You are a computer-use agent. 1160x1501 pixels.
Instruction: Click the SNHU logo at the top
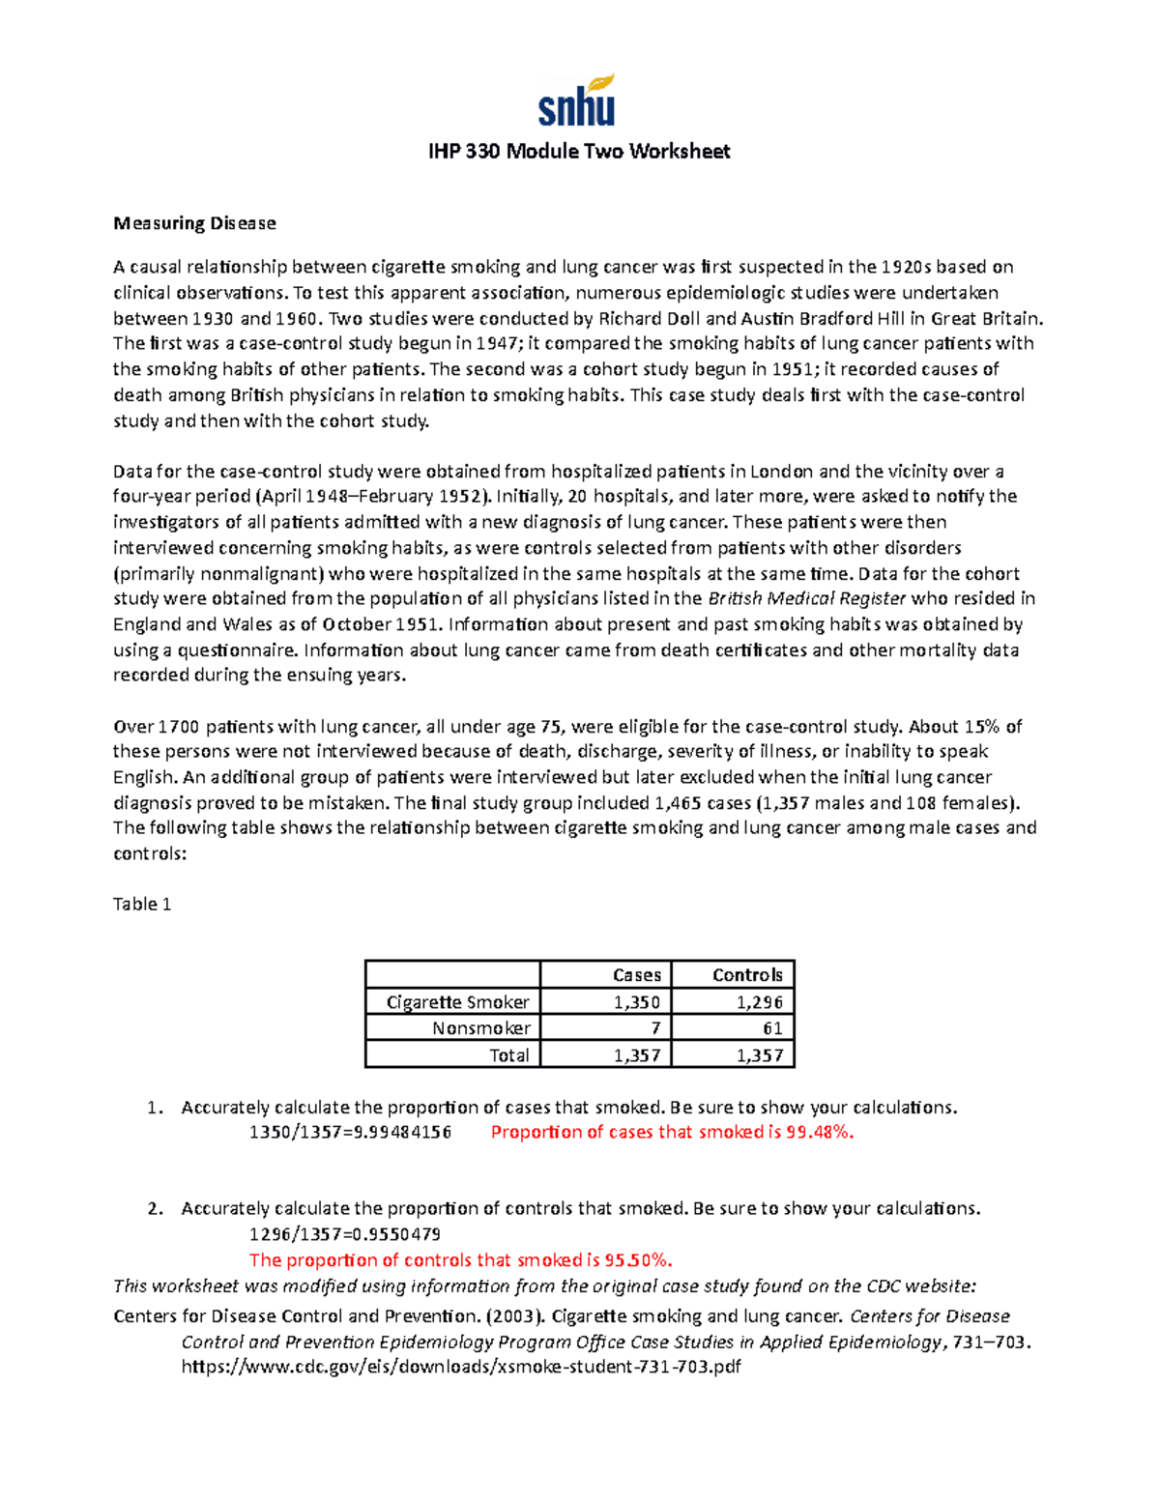point(577,101)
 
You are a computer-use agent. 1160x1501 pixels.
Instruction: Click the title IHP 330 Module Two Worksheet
point(579,151)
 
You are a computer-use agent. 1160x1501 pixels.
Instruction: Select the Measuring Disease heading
point(194,223)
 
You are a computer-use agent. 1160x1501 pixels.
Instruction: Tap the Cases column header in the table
point(637,975)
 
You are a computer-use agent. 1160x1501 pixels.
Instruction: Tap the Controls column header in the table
point(747,975)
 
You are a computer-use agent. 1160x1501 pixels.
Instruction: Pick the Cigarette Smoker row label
point(457,1002)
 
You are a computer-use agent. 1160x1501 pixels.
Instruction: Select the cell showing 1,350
point(637,1002)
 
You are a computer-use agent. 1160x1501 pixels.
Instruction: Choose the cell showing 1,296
point(760,1002)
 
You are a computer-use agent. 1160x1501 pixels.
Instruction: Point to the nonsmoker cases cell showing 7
point(655,1028)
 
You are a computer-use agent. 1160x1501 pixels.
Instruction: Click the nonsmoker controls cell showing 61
point(772,1028)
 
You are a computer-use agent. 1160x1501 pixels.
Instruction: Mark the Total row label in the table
point(508,1055)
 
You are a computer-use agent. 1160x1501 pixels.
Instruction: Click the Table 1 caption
point(142,904)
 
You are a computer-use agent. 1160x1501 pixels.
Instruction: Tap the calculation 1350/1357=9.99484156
point(350,1132)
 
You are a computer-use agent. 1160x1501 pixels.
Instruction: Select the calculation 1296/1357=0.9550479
point(345,1234)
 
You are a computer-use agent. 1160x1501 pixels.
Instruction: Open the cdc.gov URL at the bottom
point(461,1367)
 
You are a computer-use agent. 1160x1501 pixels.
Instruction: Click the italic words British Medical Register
point(807,598)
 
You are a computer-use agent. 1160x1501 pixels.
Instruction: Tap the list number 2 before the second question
point(154,1208)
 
